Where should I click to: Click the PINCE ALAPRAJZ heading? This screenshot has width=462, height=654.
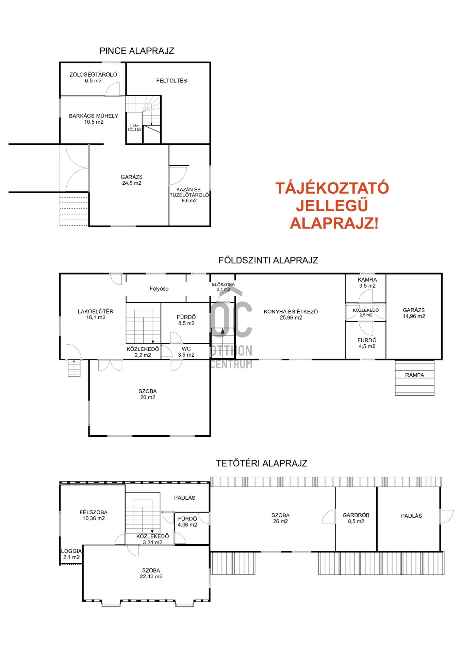pyautogui.click(x=137, y=51)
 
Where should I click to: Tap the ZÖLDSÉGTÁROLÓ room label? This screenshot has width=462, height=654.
pyautogui.click(x=93, y=75)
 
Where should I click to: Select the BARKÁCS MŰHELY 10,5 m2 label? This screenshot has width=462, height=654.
pyautogui.click(x=94, y=119)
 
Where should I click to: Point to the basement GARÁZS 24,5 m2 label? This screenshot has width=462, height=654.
pyautogui.click(x=132, y=180)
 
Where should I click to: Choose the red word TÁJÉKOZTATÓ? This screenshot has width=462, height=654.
pyautogui.click(x=332, y=188)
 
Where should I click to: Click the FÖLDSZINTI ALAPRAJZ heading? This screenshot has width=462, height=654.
pyautogui.click(x=268, y=260)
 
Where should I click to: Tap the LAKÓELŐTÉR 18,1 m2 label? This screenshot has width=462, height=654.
pyautogui.click(x=96, y=314)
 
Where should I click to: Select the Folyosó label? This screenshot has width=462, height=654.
pyautogui.click(x=159, y=289)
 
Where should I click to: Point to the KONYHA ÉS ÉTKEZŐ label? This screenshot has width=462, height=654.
pyautogui.click(x=291, y=312)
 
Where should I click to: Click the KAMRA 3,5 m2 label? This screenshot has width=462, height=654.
pyautogui.click(x=367, y=283)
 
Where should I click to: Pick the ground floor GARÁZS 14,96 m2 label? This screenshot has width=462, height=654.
pyautogui.click(x=414, y=313)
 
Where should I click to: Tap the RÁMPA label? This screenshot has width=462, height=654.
pyautogui.click(x=414, y=375)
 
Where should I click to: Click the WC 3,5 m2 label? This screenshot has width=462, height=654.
pyautogui.click(x=186, y=352)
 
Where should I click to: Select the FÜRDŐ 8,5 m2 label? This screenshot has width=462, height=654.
pyautogui.click(x=186, y=320)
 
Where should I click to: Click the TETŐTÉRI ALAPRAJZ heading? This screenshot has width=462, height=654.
pyautogui.click(x=262, y=463)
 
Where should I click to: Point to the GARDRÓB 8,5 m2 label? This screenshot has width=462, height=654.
pyautogui.click(x=356, y=518)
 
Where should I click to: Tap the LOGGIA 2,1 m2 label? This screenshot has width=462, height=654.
pyautogui.click(x=71, y=554)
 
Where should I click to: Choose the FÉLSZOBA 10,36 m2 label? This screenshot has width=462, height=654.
pyautogui.click(x=94, y=515)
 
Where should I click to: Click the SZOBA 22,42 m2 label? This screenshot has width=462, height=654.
pyautogui.click(x=151, y=574)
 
